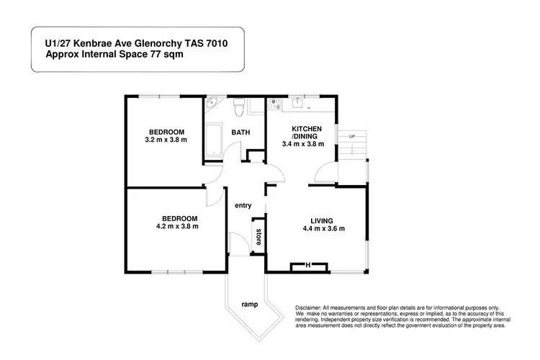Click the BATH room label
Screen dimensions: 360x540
tap(240, 133)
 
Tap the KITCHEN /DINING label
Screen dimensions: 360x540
tap(305, 132)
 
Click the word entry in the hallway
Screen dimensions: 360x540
tap(243, 206)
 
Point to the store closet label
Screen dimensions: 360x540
tap(257, 236)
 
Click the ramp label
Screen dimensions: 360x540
tap(250, 305)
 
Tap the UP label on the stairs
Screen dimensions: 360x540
tap(352, 137)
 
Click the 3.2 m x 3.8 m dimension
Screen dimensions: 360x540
tap(166, 140)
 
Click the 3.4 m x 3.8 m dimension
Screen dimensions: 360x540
tap(303, 144)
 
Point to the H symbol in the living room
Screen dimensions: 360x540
tap(307, 266)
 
